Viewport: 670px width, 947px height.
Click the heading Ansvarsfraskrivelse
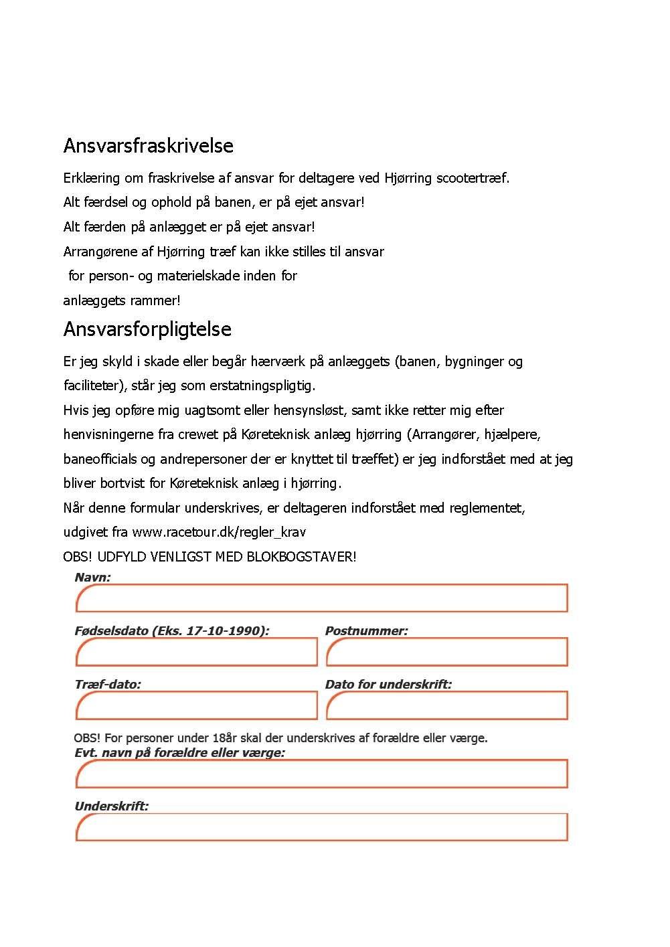coord(148,145)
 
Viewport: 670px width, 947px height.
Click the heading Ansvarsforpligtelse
coord(147,329)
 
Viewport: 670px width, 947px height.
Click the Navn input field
coord(321,598)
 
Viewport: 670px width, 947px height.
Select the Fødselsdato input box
coord(196,652)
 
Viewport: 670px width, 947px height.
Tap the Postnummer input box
coord(446,652)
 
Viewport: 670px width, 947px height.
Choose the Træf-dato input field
coord(196,705)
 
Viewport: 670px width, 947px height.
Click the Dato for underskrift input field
coord(446,705)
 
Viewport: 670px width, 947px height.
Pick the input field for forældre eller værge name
coord(321,774)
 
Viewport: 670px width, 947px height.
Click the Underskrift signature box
coord(321,827)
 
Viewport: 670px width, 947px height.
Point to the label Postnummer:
coord(366,630)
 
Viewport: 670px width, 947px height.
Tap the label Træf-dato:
coord(108,684)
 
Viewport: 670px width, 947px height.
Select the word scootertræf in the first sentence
coord(472,178)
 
